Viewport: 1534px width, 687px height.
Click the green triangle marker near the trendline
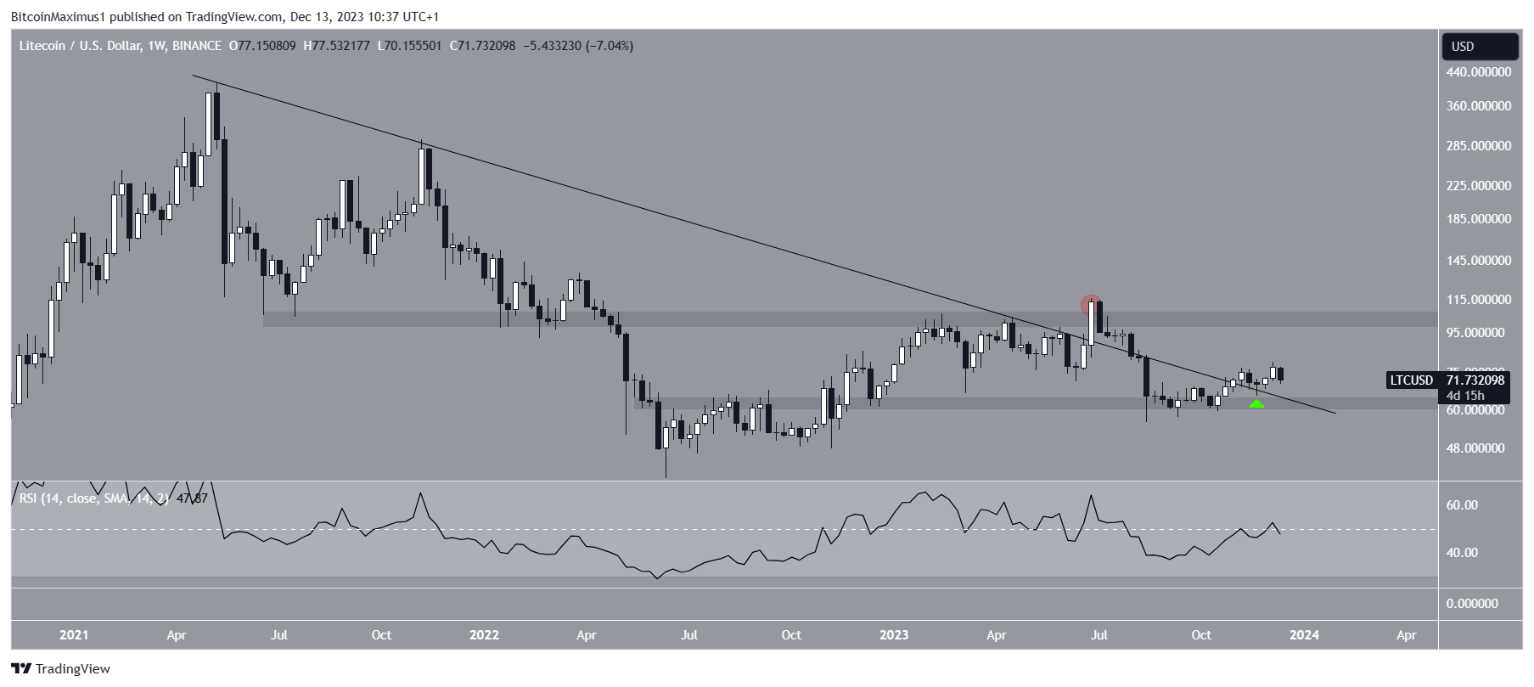click(1256, 403)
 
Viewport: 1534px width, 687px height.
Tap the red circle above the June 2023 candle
click(1091, 304)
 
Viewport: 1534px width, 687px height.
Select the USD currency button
click(1479, 47)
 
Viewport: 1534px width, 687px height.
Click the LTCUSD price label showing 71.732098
click(1446, 380)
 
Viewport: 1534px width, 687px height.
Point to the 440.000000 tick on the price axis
click(1479, 73)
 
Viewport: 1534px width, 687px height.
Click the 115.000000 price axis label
click(1479, 300)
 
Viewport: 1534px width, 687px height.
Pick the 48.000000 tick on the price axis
click(1479, 448)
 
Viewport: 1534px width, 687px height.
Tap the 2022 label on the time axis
click(484, 635)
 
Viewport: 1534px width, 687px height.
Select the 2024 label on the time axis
click(1305, 635)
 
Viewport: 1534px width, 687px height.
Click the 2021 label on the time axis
click(74, 635)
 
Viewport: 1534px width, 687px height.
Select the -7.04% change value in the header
click(610, 46)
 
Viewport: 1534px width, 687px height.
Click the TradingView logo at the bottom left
click(61, 669)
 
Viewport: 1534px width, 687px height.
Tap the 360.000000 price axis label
click(1479, 106)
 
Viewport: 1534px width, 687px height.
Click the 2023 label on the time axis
click(894, 635)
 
